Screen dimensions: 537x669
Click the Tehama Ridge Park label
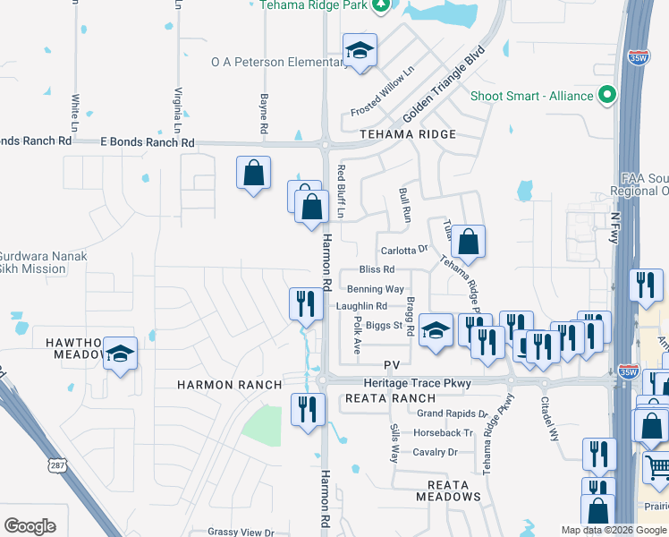pos(315,4)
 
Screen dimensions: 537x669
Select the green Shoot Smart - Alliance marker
pos(607,95)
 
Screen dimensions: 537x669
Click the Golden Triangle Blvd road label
pos(444,85)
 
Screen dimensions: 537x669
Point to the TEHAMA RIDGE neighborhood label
pos(408,134)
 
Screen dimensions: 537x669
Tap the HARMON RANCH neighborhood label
pos(229,385)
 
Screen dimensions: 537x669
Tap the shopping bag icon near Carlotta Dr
pos(468,242)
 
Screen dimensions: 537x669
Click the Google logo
pos(30,525)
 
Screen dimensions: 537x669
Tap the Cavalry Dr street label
pos(436,452)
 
